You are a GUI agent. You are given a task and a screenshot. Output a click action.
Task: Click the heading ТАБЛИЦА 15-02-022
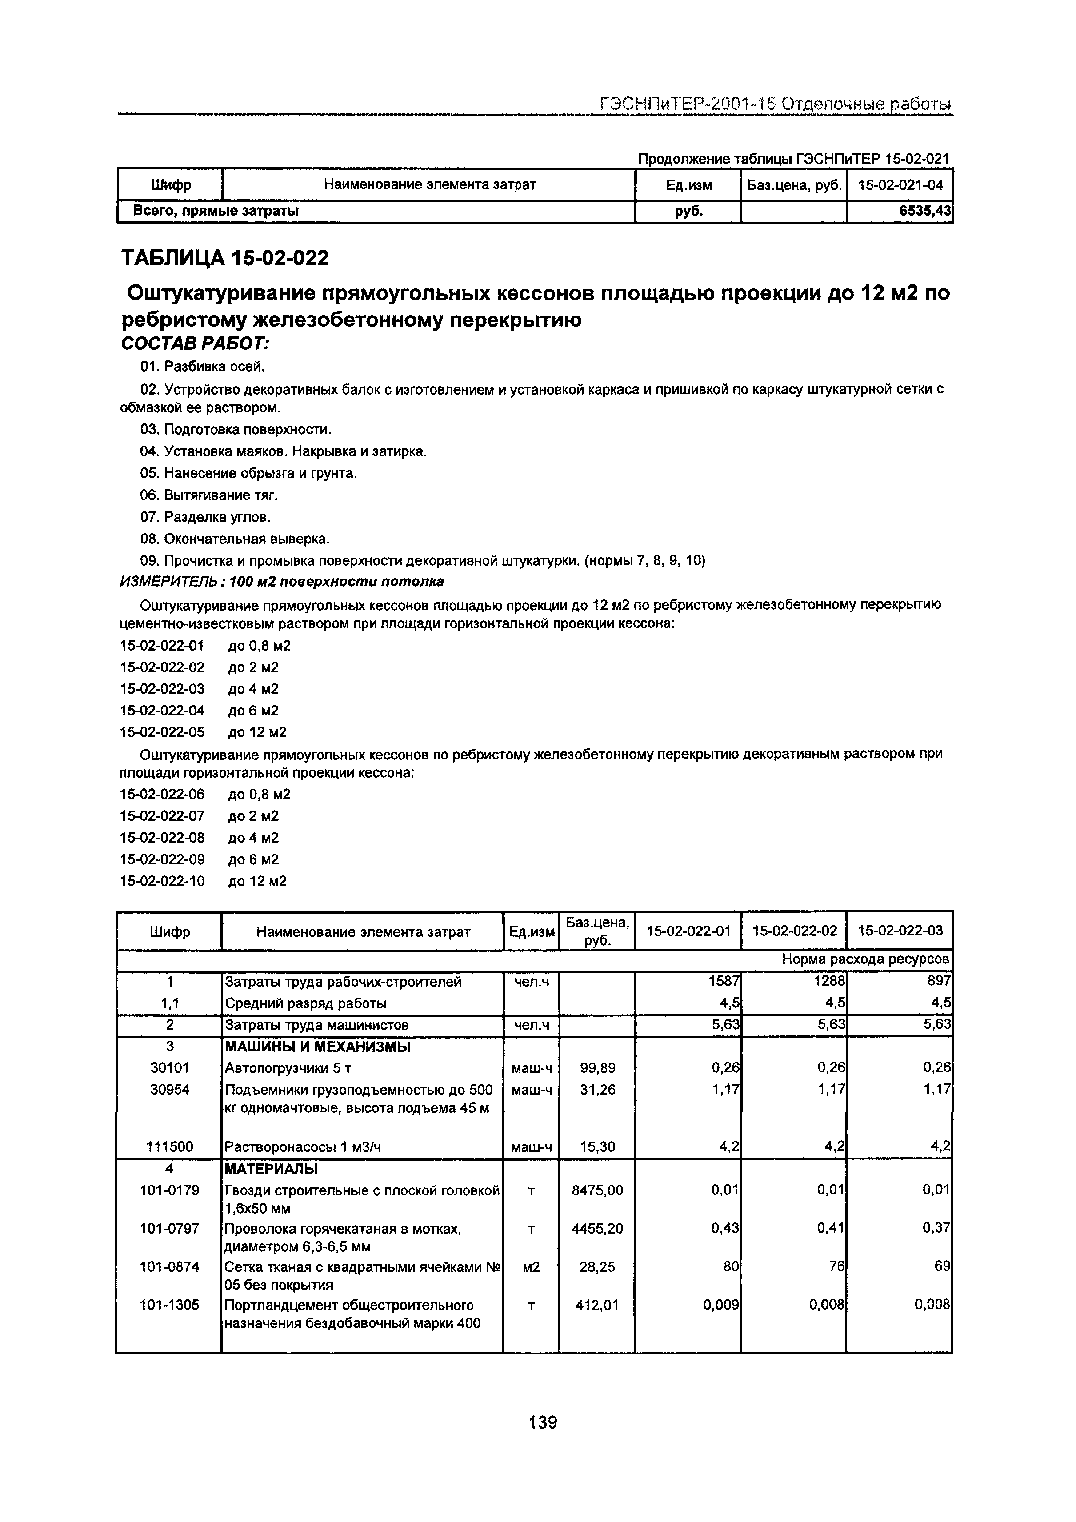tap(225, 258)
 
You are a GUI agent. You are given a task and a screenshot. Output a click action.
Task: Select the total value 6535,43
tap(925, 211)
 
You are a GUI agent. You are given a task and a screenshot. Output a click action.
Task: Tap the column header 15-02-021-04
tap(900, 185)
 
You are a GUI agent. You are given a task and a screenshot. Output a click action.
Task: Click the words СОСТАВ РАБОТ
tap(196, 344)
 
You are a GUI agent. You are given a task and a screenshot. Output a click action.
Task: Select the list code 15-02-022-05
tap(162, 732)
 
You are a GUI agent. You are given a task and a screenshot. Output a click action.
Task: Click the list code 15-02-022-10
tap(162, 881)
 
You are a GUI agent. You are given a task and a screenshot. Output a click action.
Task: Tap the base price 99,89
tap(597, 1067)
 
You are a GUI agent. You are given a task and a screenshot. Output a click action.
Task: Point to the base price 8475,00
tap(597, 1190)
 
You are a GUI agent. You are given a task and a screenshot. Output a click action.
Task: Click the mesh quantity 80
tap(731, 1266)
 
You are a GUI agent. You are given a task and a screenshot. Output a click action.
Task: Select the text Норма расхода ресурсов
tap(865, 959)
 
